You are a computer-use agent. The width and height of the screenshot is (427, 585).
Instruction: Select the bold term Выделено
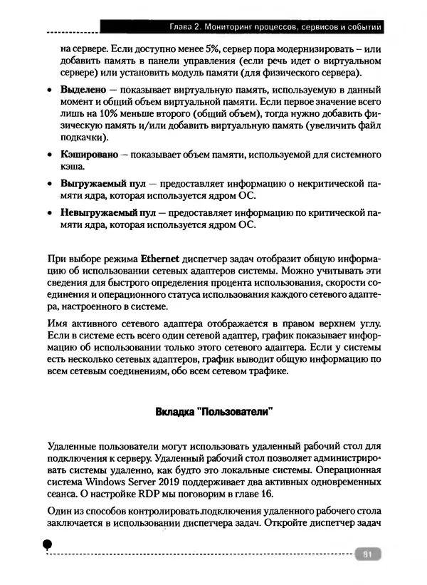[83, 92]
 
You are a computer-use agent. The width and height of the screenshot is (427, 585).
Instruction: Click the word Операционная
[351, 471]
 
